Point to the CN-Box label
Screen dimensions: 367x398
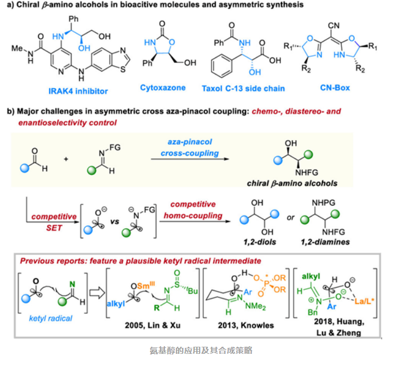tap(335, 87)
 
